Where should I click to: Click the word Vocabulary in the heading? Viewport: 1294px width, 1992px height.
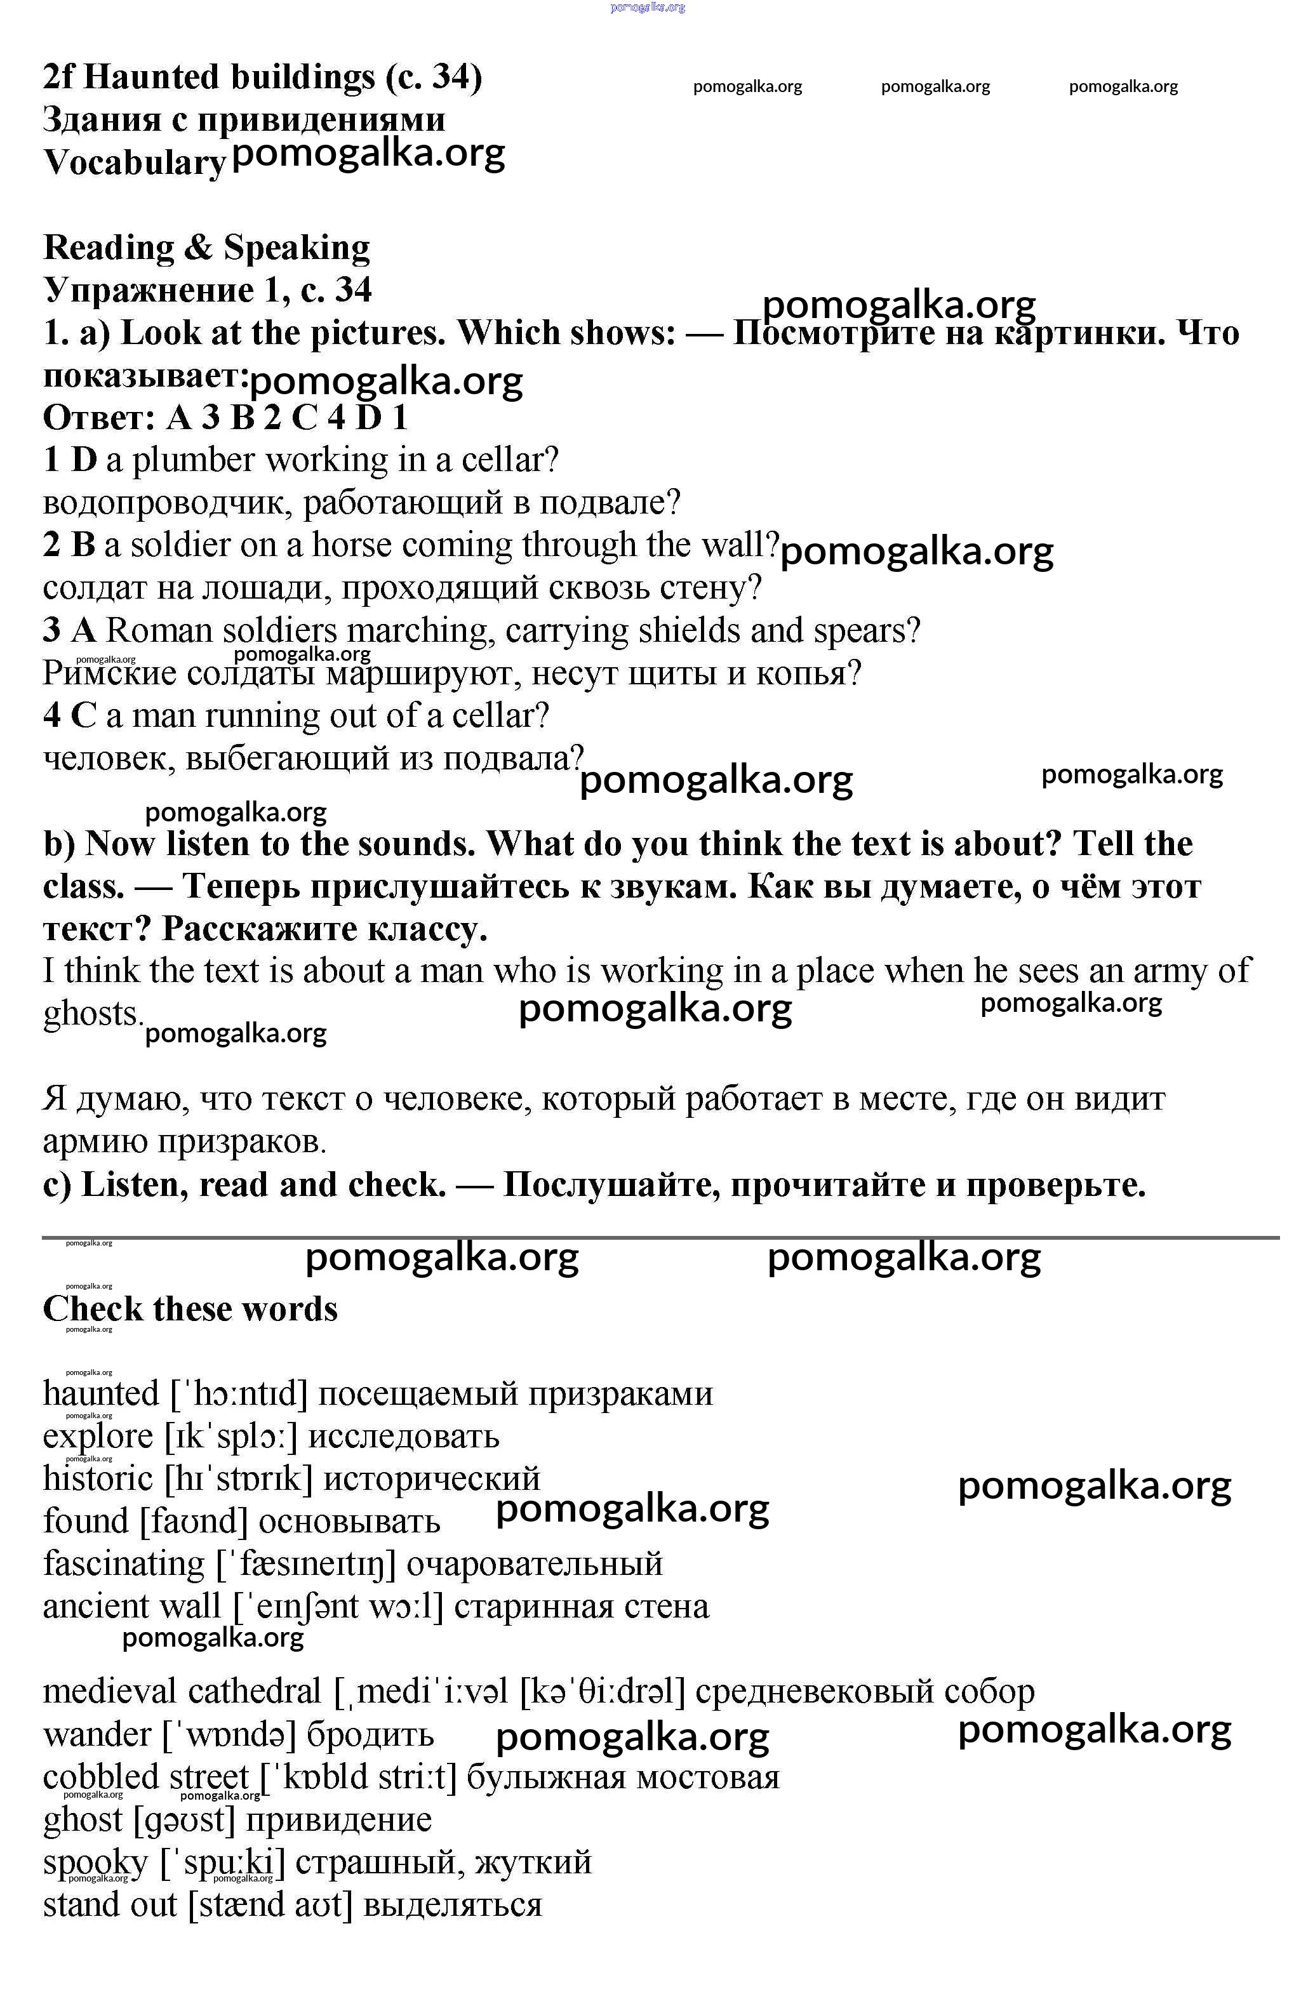point(134,163)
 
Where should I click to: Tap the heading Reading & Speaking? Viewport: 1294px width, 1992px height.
point(206,248)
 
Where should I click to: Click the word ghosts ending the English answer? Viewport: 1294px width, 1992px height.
point(92,1014)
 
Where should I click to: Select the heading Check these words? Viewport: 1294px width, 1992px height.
point(190,1309)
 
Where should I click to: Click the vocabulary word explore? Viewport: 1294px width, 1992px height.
point(98,1437)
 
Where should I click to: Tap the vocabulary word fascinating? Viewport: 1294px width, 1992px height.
point(123,1564)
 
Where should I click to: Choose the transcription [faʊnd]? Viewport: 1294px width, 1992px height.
point(194,1522)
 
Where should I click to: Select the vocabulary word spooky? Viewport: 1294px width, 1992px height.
point(95,1863)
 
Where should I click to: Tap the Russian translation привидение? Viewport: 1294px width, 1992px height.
point(338,1821)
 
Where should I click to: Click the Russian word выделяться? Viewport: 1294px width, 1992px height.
point(453,1906)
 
